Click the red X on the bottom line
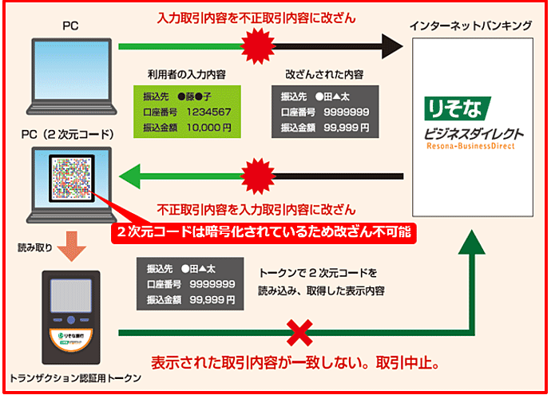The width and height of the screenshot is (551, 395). tap(300, 330)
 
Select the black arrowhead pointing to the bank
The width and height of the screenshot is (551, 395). tap(391, 46)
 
